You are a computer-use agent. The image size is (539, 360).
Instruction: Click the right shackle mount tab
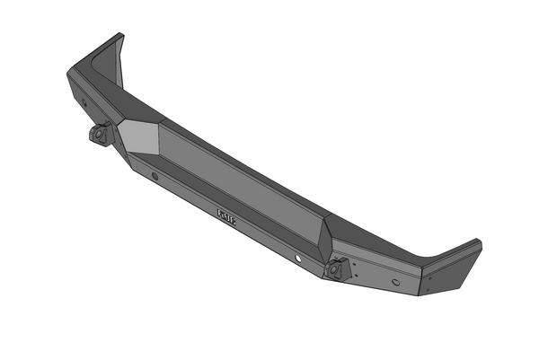338,268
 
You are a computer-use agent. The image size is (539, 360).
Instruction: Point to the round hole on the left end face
84,102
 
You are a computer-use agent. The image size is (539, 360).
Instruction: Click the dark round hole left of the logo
155,176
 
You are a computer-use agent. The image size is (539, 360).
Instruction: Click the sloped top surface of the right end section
395,242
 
